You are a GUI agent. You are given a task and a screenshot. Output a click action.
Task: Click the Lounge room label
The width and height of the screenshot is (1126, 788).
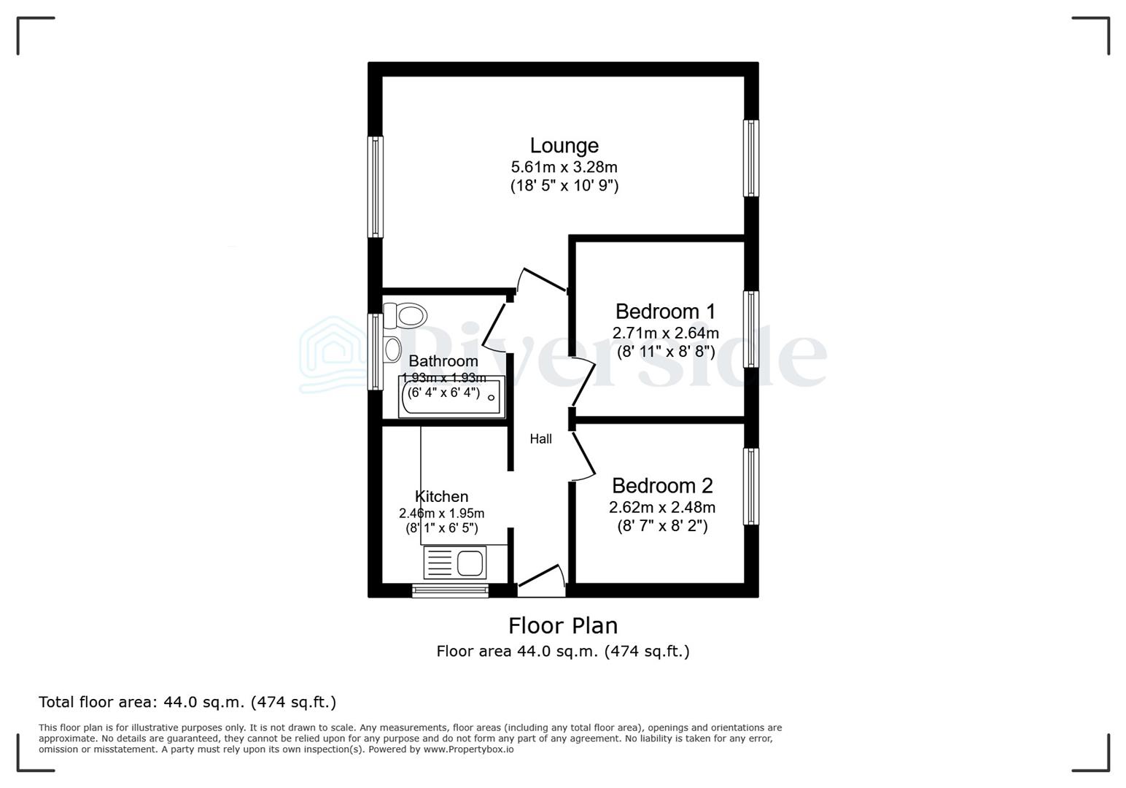point(564,146)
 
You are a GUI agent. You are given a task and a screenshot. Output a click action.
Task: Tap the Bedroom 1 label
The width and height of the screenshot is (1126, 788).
point(665,312)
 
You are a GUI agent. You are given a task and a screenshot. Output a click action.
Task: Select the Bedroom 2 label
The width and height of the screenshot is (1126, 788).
point(662,485)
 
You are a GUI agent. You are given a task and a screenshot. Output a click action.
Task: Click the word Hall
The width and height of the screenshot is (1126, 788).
point(540,439)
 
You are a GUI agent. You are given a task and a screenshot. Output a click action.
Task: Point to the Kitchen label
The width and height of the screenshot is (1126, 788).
point(441,496)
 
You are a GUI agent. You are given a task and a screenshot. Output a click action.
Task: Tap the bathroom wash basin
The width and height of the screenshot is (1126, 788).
point(392,349)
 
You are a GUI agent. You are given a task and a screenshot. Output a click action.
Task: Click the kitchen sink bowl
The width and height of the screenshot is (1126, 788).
point(470,563)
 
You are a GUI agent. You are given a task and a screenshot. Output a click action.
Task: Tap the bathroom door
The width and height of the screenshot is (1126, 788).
point(494,326)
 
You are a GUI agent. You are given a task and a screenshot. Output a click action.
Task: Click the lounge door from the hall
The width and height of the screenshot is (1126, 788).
point(543,280)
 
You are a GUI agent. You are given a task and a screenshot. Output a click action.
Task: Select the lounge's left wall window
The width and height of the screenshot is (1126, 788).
point(375,187)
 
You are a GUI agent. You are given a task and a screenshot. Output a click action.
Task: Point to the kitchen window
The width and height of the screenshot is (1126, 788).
point(450,590)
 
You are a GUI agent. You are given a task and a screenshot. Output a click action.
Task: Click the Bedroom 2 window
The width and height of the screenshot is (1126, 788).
point(750,486)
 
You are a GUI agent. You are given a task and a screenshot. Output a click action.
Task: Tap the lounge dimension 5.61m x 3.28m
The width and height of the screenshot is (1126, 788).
point(564,167)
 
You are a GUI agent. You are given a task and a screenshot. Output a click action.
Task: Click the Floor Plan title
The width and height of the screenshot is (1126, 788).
point(563,625)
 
